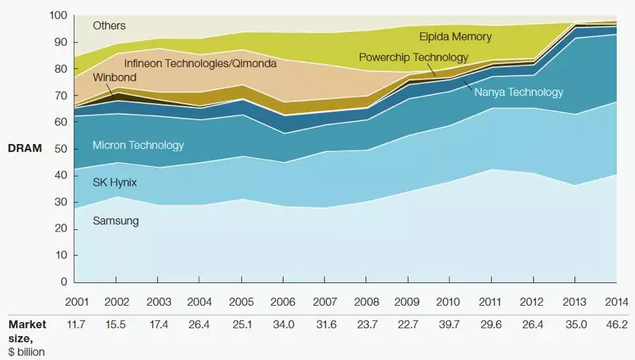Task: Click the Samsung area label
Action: point(116,221)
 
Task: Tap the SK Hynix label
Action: point(115,182)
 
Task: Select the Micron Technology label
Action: point(138,145)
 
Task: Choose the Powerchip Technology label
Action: point(413,57)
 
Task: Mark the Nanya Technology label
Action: point(519,92)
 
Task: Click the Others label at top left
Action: point(109,26)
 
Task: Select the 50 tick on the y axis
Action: point(61,149)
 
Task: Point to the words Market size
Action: point(28,330)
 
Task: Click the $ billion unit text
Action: point(28,352)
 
